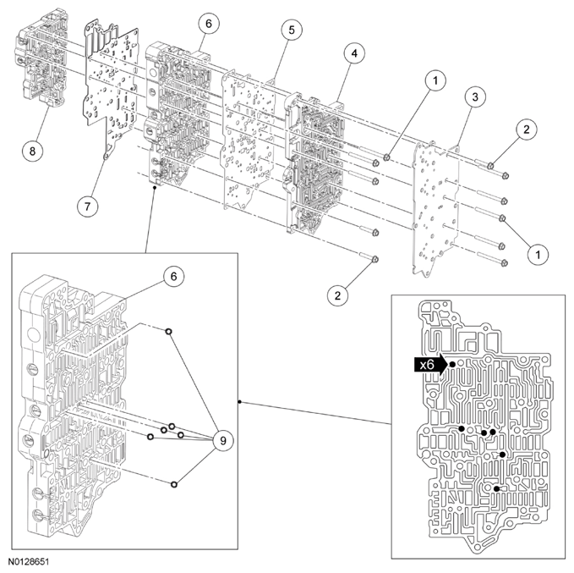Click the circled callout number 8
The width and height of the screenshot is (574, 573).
click(32, 150)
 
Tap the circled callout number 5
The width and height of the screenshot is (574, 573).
click(291, 30)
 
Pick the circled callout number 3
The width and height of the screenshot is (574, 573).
click(476, 98)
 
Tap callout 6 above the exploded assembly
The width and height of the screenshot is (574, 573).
click(208, 25)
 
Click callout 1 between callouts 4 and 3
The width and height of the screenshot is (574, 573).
click(434, 80)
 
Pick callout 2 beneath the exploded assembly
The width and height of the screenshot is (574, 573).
click(340, 294)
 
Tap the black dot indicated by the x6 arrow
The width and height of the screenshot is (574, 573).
click(453, 364)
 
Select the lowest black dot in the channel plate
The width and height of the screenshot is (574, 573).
click(495, 488)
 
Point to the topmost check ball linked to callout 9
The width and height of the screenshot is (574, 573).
click(169, 332)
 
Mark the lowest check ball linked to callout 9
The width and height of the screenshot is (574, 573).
click(173, 484)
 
